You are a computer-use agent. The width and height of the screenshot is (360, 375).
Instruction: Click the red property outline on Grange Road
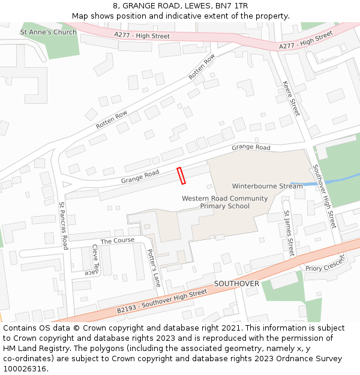pos(181,175)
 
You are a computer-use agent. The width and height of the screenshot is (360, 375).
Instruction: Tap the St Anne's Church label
pos(48,32)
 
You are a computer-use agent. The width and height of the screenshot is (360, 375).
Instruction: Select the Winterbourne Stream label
pos(268,186)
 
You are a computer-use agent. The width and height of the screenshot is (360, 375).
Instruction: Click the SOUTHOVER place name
pos(236,283)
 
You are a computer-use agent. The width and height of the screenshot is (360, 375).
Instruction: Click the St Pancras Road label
pos(64,226)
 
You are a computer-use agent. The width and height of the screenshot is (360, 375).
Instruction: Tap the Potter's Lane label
pos(154,268)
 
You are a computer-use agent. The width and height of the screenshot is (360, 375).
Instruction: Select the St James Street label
pos(289,233)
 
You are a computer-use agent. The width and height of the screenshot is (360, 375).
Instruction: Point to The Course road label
pos(118,241)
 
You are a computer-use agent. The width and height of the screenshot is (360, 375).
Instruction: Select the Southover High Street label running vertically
pos(325,196)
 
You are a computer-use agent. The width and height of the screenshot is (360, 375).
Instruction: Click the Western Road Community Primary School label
pos(224,202)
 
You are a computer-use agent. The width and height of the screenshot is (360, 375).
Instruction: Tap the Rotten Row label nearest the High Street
pos(202,67)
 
